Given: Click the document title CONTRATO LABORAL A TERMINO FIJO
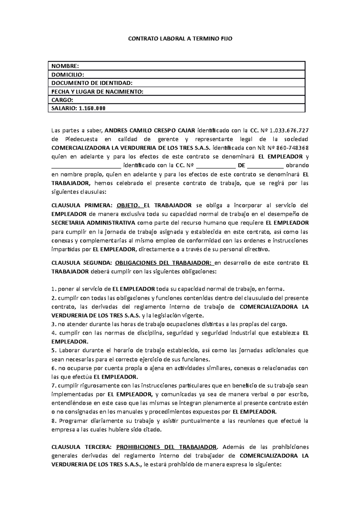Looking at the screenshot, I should (180, 39).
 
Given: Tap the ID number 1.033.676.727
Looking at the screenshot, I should (289, 130).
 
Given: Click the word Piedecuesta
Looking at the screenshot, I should (79, 139).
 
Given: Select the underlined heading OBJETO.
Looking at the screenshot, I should (128, 205).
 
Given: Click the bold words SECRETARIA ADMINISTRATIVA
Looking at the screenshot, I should (93, 223).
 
